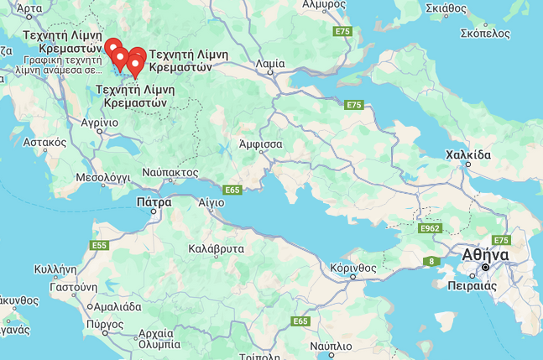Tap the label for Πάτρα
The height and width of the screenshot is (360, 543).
click(154, 201)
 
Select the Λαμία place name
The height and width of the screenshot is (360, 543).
click(269, 63)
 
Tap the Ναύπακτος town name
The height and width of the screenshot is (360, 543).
click(170, 172)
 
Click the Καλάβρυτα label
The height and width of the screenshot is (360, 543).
click(217, 248)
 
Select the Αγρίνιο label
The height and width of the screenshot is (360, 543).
click(99, 122)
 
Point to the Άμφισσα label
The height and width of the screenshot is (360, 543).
click(260, 143)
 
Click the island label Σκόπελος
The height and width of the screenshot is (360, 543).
click(485, 34)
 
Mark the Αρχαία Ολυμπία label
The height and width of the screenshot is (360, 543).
click(159, 338)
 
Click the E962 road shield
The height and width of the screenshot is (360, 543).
click(429, 228)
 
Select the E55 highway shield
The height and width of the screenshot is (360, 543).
click(98, 245)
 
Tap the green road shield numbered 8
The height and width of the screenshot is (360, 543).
click(432, 261)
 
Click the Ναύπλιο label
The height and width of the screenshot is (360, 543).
click(330, 346)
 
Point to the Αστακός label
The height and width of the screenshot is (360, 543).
click(45, 143)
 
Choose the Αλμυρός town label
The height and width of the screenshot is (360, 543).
click(325, 4)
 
